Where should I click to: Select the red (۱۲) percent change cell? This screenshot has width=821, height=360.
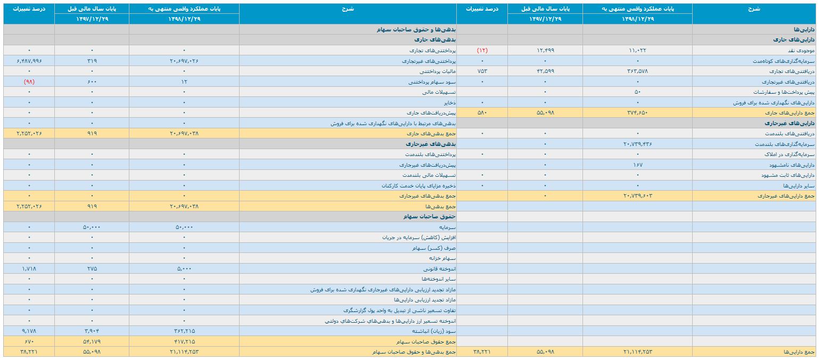point(482,50)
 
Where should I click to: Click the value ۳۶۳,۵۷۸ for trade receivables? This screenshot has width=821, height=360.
point(637,71)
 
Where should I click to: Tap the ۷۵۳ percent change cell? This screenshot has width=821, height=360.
point(482,71)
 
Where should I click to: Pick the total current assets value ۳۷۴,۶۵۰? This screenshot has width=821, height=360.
point(637,112)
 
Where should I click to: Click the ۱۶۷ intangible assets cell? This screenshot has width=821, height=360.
point(637,165)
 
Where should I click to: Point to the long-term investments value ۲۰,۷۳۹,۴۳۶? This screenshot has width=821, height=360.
point(637,144)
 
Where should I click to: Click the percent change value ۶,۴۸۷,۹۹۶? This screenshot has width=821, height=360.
point(29,61)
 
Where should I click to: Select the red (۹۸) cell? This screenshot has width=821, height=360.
point(29,82)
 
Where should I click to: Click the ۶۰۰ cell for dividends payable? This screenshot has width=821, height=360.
point(92,82)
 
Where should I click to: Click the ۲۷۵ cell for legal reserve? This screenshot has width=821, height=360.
point(92,269)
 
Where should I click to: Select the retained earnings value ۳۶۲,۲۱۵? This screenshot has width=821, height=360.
point(184,331)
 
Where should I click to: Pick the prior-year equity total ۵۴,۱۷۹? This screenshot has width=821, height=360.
point(92,342)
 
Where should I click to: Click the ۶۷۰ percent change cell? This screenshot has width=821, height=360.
point(29,342)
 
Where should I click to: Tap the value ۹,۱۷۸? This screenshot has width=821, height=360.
point(29,331)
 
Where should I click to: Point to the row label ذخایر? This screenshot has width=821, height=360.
point(450,102)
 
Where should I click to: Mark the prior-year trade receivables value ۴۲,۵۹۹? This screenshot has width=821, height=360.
point(545,71)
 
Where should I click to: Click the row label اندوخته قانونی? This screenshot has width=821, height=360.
point(439,269)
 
